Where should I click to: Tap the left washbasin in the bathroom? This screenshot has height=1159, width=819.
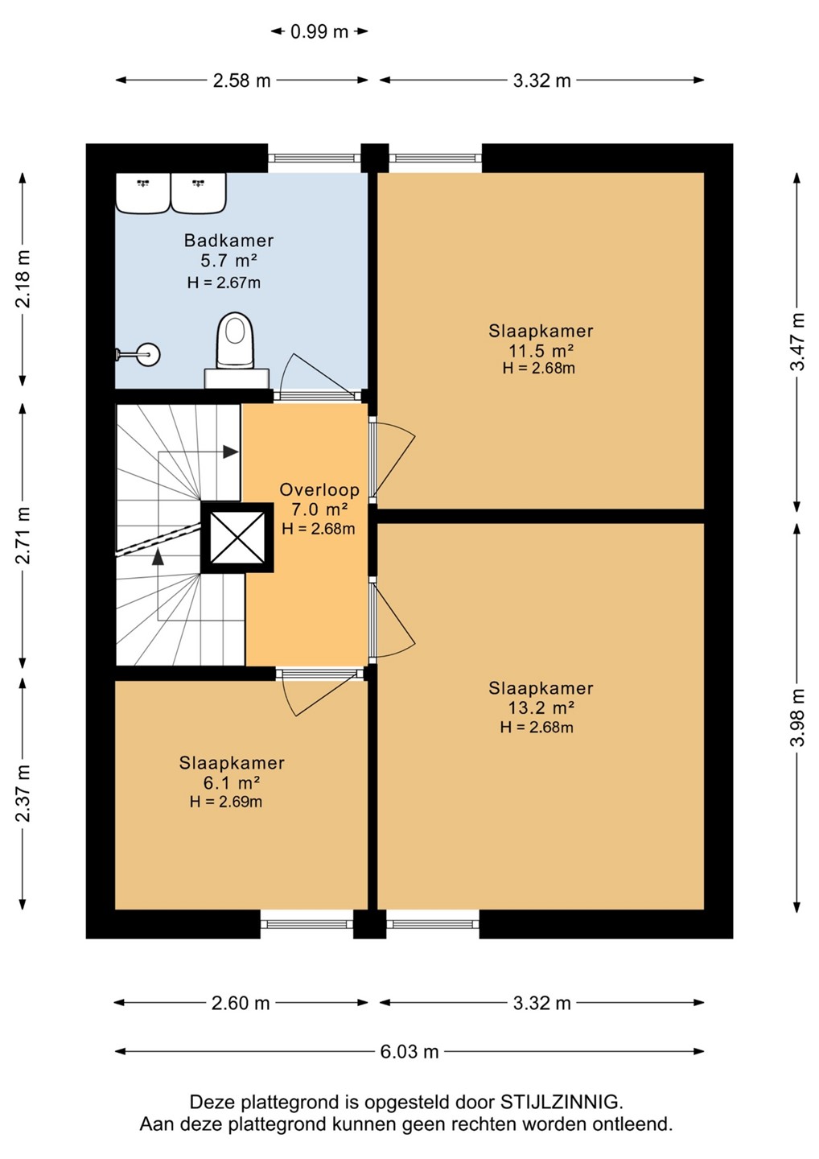tap(142, 192)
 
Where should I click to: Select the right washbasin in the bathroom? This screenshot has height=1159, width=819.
tap(199, 192)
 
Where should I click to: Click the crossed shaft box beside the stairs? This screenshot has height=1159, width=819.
tap(237, 538)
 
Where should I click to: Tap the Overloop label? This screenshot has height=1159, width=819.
tap(319, 489)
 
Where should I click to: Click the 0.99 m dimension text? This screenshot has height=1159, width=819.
tap(319, 32)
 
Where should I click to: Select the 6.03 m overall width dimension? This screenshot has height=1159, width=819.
tap(409, 1051)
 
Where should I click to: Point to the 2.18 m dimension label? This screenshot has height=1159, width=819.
tap(23, 278)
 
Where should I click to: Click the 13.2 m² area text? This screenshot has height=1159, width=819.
tap(541, 707)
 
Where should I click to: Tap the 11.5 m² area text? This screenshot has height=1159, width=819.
tap(541, 350)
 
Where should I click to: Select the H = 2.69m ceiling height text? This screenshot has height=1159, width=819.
tap(226, 802)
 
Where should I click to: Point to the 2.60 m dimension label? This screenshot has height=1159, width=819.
tap(241, 1003)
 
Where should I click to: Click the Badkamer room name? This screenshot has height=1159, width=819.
tap(228, 240)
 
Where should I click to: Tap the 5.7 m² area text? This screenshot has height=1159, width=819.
tap(228, 260)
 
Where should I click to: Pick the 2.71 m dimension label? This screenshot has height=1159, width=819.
tap(23, 535)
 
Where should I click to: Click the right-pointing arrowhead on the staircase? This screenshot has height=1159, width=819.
tap(231, 452)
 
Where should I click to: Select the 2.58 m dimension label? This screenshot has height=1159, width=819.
tap(241, 80)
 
